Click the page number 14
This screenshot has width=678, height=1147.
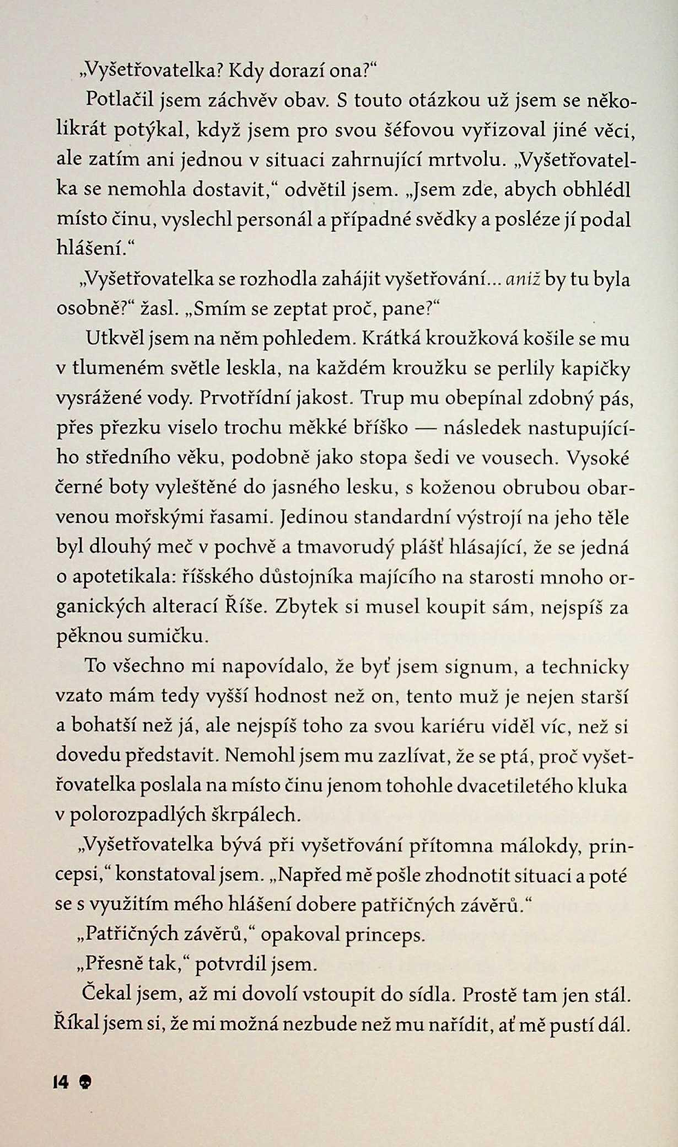click(x=60, y=1082)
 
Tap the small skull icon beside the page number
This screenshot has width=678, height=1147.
click(x=85, y=1082)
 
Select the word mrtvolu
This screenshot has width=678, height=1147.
click(x=466, y=159)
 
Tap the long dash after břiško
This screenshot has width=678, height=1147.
click(x=426, y=428)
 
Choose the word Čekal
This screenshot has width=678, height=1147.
click(x=107, y=994)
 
